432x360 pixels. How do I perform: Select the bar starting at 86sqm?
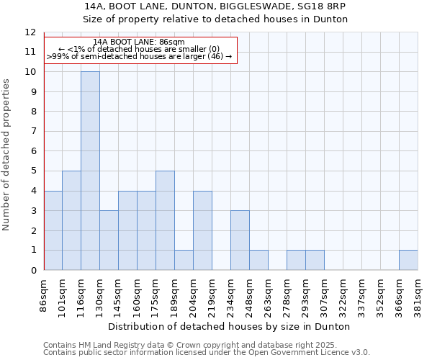coord(53,230)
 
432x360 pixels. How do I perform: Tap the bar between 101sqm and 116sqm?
coord(71,220)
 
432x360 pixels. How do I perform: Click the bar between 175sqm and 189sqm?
coord(165,220)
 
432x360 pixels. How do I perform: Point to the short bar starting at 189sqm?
coord(184,260)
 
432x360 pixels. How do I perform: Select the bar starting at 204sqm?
coord(202,230)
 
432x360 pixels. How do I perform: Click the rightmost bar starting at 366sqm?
coord(408,260)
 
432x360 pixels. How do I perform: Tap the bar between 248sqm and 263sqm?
coord(258,260)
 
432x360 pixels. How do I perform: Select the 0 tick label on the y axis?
coord(32,270)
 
